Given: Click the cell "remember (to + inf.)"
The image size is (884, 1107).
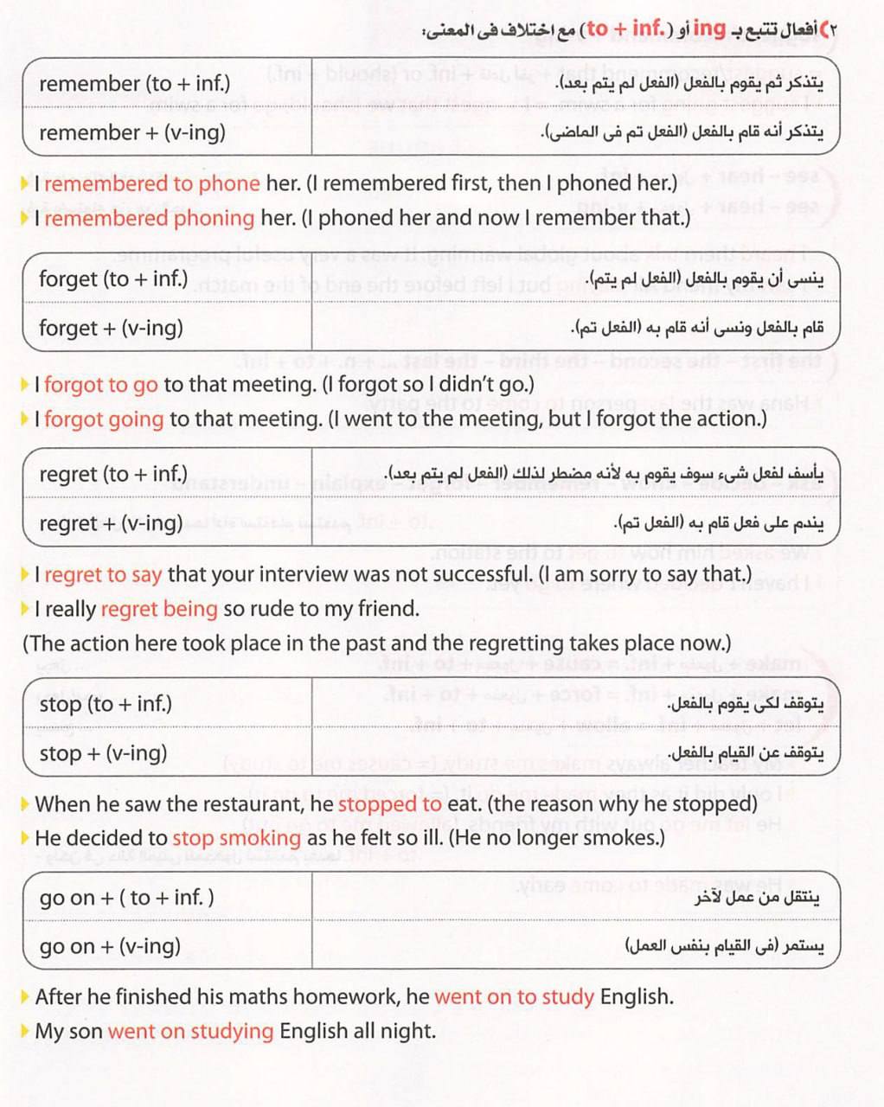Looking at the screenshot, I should pos(135,84).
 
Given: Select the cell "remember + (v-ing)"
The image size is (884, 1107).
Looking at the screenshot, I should pos(132,132).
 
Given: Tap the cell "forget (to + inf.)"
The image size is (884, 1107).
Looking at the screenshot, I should pos(113,279).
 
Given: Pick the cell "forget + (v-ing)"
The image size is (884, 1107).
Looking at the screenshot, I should pos(112,328).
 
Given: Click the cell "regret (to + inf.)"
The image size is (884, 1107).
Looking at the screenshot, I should pos(113,474).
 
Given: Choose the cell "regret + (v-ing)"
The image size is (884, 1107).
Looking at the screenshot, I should pos(112,523).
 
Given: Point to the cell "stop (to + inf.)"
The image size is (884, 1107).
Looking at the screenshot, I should pos(106,704).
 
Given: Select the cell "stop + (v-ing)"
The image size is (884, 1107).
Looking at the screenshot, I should pos(104,752).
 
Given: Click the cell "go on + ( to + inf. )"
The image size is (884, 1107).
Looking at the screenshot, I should pos(127,898).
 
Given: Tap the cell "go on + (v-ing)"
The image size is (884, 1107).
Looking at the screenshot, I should pos(111,946).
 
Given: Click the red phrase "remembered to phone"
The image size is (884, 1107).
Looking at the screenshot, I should pos(151,183).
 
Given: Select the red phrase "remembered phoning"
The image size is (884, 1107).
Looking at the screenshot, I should pos(149,218).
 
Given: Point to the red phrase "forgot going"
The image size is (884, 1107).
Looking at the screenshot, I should pos(104,419).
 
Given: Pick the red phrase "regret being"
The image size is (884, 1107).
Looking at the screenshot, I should pos(159,609).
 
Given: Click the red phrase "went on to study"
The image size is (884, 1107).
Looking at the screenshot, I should pos(514,996).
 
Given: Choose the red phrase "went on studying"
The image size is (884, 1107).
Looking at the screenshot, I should pos(190,1031).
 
